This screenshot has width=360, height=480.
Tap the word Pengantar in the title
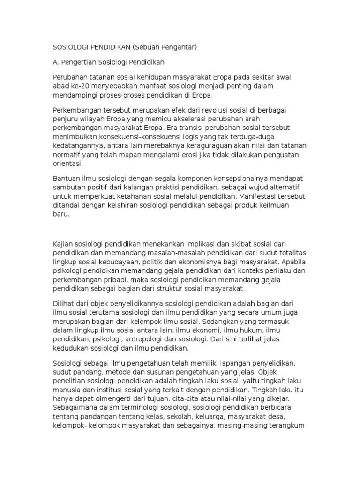[x=178, y=47]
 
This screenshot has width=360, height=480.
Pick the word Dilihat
[x=63, y=303]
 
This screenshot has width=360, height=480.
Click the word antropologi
[x=155, y=338]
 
